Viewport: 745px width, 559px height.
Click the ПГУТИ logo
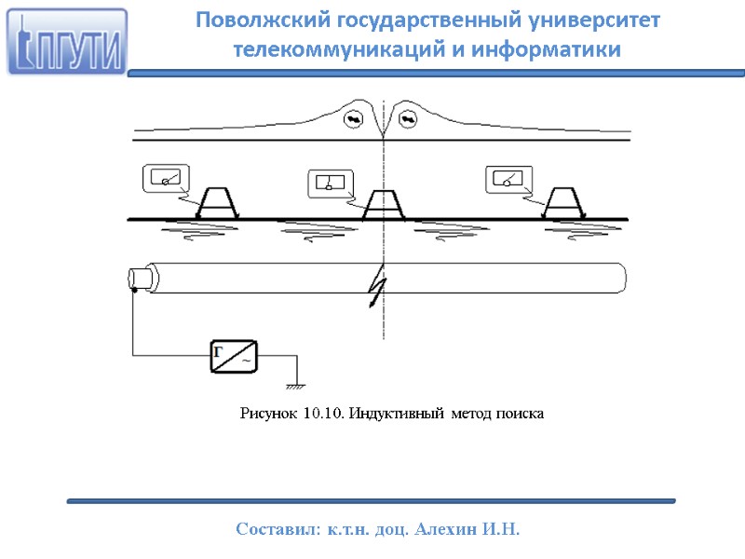point(66,42)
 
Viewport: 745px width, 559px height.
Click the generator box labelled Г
point(233,356)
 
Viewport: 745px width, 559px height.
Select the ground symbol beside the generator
point(297,384)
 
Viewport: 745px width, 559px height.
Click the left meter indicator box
point(165,179)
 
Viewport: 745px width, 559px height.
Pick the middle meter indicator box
point(330,184)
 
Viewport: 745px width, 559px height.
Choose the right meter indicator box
point(508,179)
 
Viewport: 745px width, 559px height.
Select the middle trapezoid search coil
point(384,205)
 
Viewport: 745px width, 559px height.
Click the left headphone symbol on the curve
point(354,118)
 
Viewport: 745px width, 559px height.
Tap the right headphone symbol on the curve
point(410,118)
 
